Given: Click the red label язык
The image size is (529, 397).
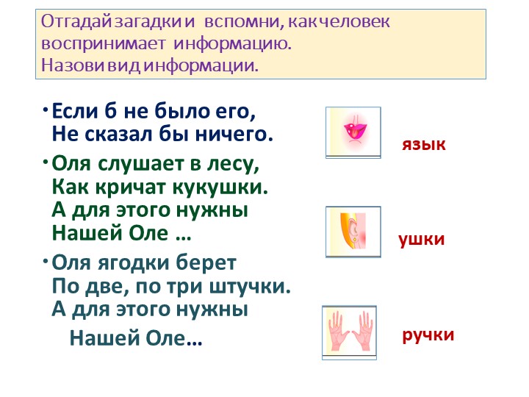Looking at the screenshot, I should coord(423,144).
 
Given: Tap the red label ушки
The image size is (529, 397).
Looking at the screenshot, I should coord(421,240).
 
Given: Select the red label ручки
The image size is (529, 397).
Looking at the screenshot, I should coord(428,335).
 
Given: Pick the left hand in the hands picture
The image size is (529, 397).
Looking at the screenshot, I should coord(338,332).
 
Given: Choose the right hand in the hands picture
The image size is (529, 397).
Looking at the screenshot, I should coord(364,332).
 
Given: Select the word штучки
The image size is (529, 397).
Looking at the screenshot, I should coord(258,286).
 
